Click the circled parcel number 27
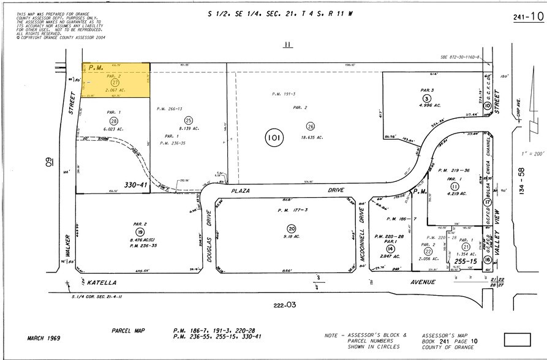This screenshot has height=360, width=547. point(115,82)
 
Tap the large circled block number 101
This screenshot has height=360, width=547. point(273,138)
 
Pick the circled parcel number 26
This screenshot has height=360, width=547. point(311,126)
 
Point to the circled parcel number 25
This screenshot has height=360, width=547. point(189,121)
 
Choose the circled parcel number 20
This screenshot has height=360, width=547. point(292,228)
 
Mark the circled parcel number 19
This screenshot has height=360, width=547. point(140,232)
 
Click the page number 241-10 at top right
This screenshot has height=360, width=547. point(526,17)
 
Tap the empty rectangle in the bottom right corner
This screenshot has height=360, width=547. point(520,339)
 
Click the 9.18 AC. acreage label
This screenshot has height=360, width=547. point(290,238)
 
